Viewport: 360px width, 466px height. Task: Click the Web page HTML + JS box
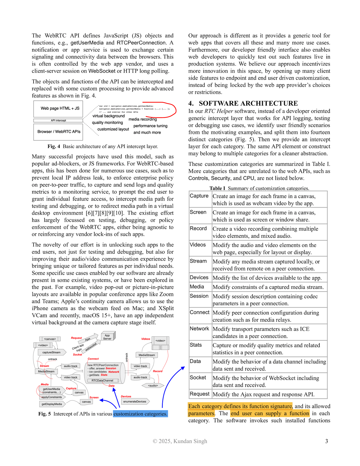(x=58, y=109)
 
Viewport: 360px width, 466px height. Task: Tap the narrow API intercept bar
(x=58, y=121)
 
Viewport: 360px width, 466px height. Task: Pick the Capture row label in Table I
(x=199, y=196)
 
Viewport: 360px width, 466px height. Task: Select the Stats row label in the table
(x=196, y=345)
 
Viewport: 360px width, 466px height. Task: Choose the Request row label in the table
(x=199, y=394)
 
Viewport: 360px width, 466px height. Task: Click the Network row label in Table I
(x=199, y=329)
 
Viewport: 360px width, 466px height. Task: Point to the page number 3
(x=326, y=441)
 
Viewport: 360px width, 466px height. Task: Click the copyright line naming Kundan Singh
(x=180, y=441)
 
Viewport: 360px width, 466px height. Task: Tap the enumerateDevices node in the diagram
(x=135, y=401)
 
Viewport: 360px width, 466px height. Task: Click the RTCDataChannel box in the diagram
(x=102, y=380)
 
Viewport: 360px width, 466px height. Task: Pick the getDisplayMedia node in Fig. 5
(x=52, y=404)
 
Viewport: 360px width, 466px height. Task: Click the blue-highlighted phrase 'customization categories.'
(x=140, y=414)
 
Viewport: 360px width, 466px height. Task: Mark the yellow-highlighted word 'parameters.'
(x=201, y=413)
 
